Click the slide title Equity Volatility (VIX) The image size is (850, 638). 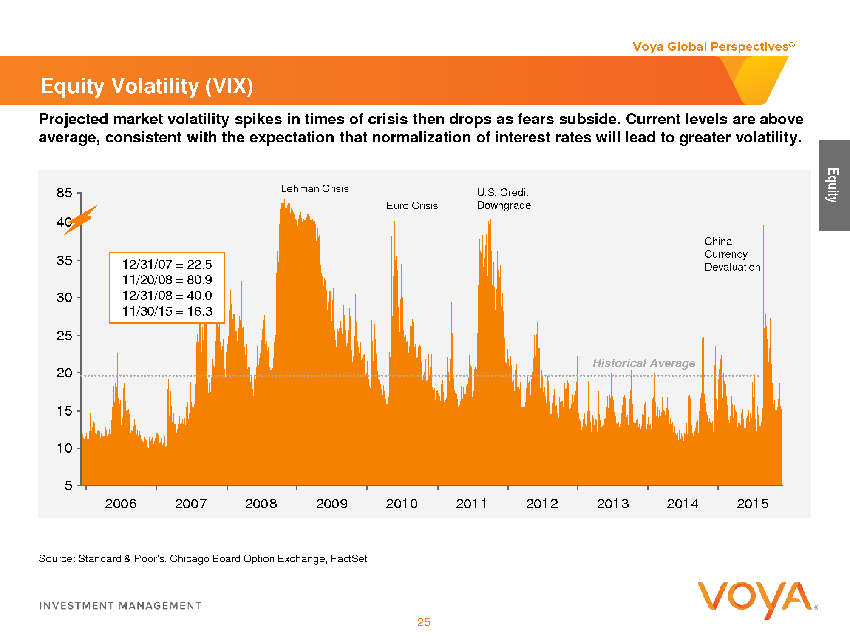point(147,86)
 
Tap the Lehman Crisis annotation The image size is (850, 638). point(314,189)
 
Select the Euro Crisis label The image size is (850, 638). point(412,206)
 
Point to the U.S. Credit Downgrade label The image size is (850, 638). point(504,199)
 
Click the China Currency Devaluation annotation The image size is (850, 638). point(732,254)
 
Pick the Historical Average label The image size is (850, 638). point(643,363)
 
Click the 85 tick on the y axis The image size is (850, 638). point(65,193)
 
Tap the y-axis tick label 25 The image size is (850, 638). point(65,336)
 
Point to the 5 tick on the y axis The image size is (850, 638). point(68,485)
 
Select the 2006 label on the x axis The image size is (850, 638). point(121,504)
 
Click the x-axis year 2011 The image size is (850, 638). point(471,504)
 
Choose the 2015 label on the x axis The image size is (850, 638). point(753,504)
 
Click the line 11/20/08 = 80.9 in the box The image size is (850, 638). point(167,280)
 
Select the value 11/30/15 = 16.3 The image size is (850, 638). point(167,311)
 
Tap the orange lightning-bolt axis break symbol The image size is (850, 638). point(82,219)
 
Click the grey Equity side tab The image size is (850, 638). point(833,185)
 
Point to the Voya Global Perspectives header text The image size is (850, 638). point(711,47)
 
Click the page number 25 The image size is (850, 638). point(424,622)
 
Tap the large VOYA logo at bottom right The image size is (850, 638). point(754,599)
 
